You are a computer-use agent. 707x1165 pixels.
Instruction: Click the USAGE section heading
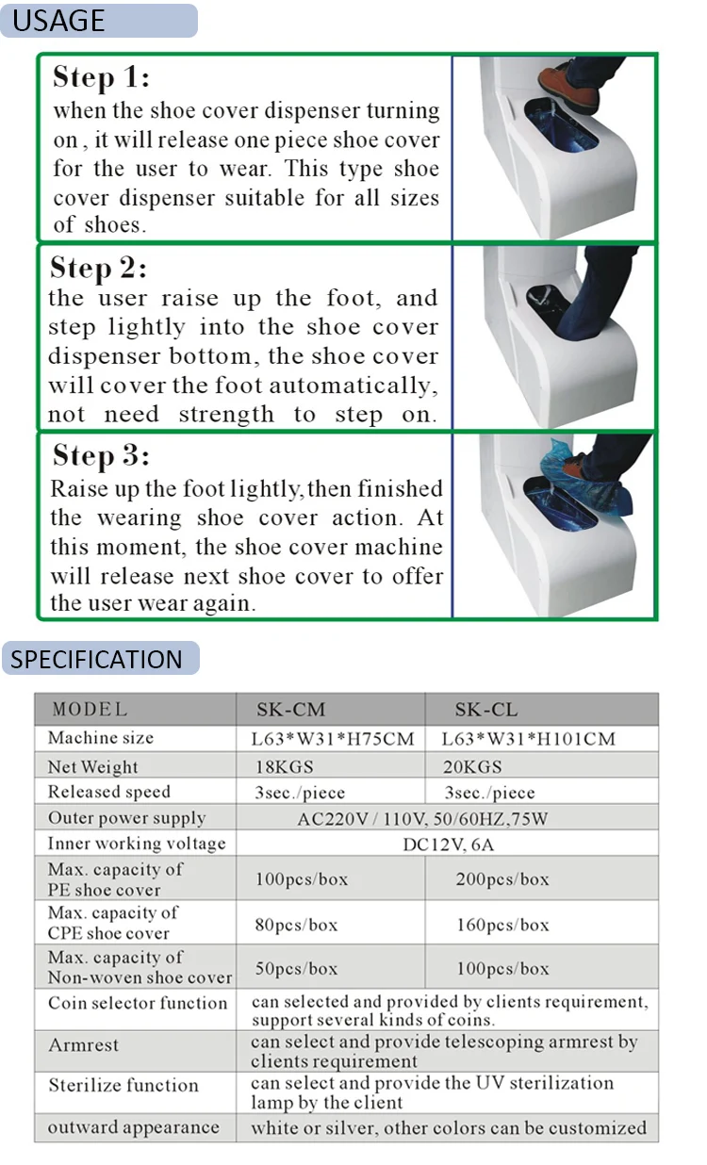click(x=58, y=20)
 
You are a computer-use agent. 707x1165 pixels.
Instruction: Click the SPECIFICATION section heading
click(x=97, y=659)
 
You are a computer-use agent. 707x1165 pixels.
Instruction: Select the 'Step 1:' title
click(x=101, y=77)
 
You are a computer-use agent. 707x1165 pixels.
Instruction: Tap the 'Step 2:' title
click(x=98, y=268)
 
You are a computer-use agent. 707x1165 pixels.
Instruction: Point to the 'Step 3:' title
click(x=101, y=456)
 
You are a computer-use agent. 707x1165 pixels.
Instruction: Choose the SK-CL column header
click(x=486, y=710)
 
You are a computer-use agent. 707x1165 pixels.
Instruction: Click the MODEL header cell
click(x=90, y=710)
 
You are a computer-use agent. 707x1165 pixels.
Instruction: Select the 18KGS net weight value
click(x=282, y=766)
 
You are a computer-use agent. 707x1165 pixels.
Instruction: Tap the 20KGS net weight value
click(x=473, y=766)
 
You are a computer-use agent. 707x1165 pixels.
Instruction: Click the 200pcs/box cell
click(x=502, y=879)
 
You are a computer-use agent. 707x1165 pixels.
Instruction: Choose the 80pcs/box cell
click(x=296, y=925)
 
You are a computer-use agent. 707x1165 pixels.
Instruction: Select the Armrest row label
click(x=84, y=1045)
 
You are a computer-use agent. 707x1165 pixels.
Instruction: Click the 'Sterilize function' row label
click(x=123, y=1086)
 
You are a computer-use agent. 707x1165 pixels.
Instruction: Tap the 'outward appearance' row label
click(x=133, y=1127)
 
